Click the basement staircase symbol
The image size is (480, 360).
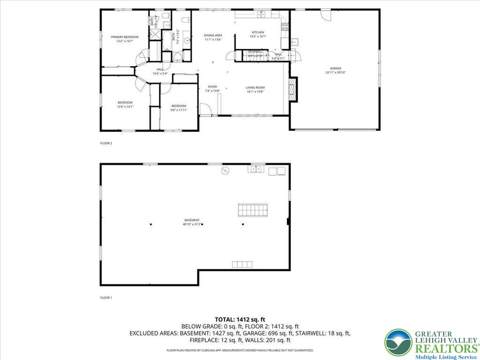pyautogui.click(x=252, y=210)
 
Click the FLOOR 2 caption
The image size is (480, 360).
pyautogui.click(x=106, y=143)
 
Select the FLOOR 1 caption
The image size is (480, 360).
pyautogui.click(x=106, y=297)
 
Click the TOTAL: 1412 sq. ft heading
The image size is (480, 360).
pyautogui.click(x=240, y=319)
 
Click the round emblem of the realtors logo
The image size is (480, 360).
pyautogui.click(x=398, y=343)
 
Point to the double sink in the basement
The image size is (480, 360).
pyautogui.click(x=256, y=169)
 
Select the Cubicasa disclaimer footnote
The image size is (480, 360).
pyautogui.click(x=240, y=350)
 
